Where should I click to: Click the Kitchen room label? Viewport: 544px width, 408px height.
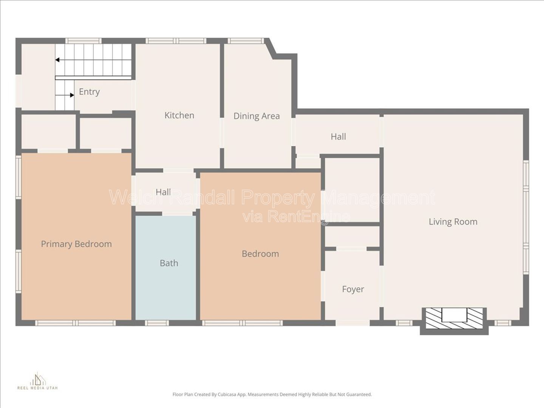179,116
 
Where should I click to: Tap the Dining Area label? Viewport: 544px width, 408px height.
257,116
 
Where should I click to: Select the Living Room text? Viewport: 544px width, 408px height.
453,222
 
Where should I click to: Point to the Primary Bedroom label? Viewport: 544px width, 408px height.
76,244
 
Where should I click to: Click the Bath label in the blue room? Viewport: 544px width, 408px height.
169,263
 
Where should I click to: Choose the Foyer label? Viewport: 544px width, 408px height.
353,289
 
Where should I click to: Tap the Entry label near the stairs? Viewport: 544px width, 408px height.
89,92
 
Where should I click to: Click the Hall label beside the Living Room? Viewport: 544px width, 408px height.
338,136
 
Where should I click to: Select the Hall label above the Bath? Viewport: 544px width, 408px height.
163,192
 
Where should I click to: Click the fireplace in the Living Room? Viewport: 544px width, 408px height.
454,318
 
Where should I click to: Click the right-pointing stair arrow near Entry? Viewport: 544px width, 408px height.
65,95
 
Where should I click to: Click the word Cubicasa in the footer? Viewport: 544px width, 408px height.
226,401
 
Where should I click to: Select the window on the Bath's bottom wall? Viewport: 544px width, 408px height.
157,323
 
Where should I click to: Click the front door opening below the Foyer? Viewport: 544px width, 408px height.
353,323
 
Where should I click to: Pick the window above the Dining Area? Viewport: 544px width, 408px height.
246,41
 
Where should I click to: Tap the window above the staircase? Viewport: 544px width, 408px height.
83,41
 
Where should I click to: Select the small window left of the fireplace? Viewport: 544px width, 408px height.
404,323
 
